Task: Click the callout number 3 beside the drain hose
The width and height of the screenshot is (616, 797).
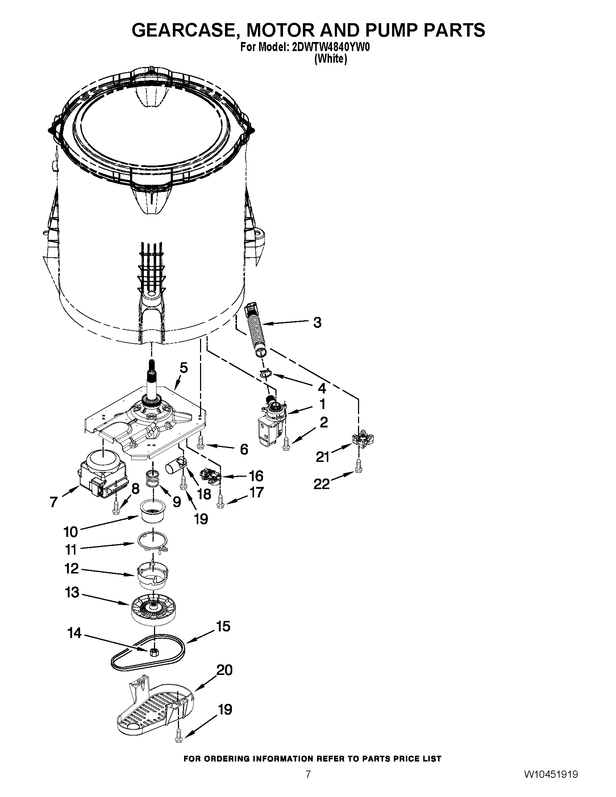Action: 317,322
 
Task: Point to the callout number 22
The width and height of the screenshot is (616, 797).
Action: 321,484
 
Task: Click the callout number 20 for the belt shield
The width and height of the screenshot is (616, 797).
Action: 224,670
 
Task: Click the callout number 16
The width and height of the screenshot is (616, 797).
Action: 256,476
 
